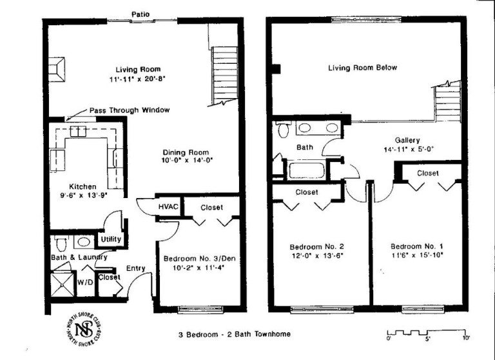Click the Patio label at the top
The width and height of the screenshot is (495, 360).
pos(141,13)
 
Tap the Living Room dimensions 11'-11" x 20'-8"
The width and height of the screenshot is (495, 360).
pos(137,80)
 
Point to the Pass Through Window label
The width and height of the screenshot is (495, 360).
pos(130,110)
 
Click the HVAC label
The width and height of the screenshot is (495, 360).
pos(168,206)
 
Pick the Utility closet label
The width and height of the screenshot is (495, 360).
pos(110,239)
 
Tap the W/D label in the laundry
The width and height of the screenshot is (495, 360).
pos(85,282)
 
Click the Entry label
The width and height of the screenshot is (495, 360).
pos(135,268)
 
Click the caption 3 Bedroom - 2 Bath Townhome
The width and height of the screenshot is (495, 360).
pos(234,334)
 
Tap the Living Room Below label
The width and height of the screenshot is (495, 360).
pos(362,68)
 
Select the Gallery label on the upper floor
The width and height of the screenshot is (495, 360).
pos(407,140)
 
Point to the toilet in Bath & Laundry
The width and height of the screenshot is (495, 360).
pos(61,245)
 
